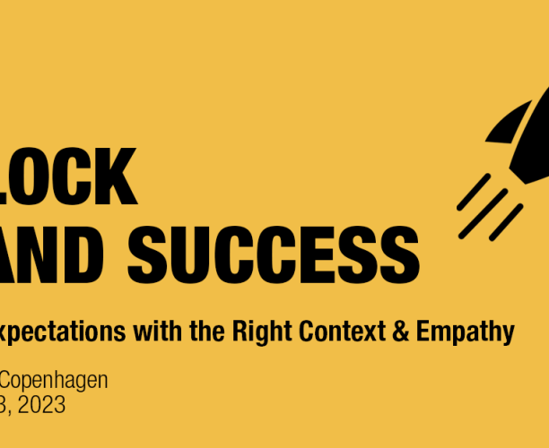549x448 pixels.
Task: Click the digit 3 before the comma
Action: point(4,404)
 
